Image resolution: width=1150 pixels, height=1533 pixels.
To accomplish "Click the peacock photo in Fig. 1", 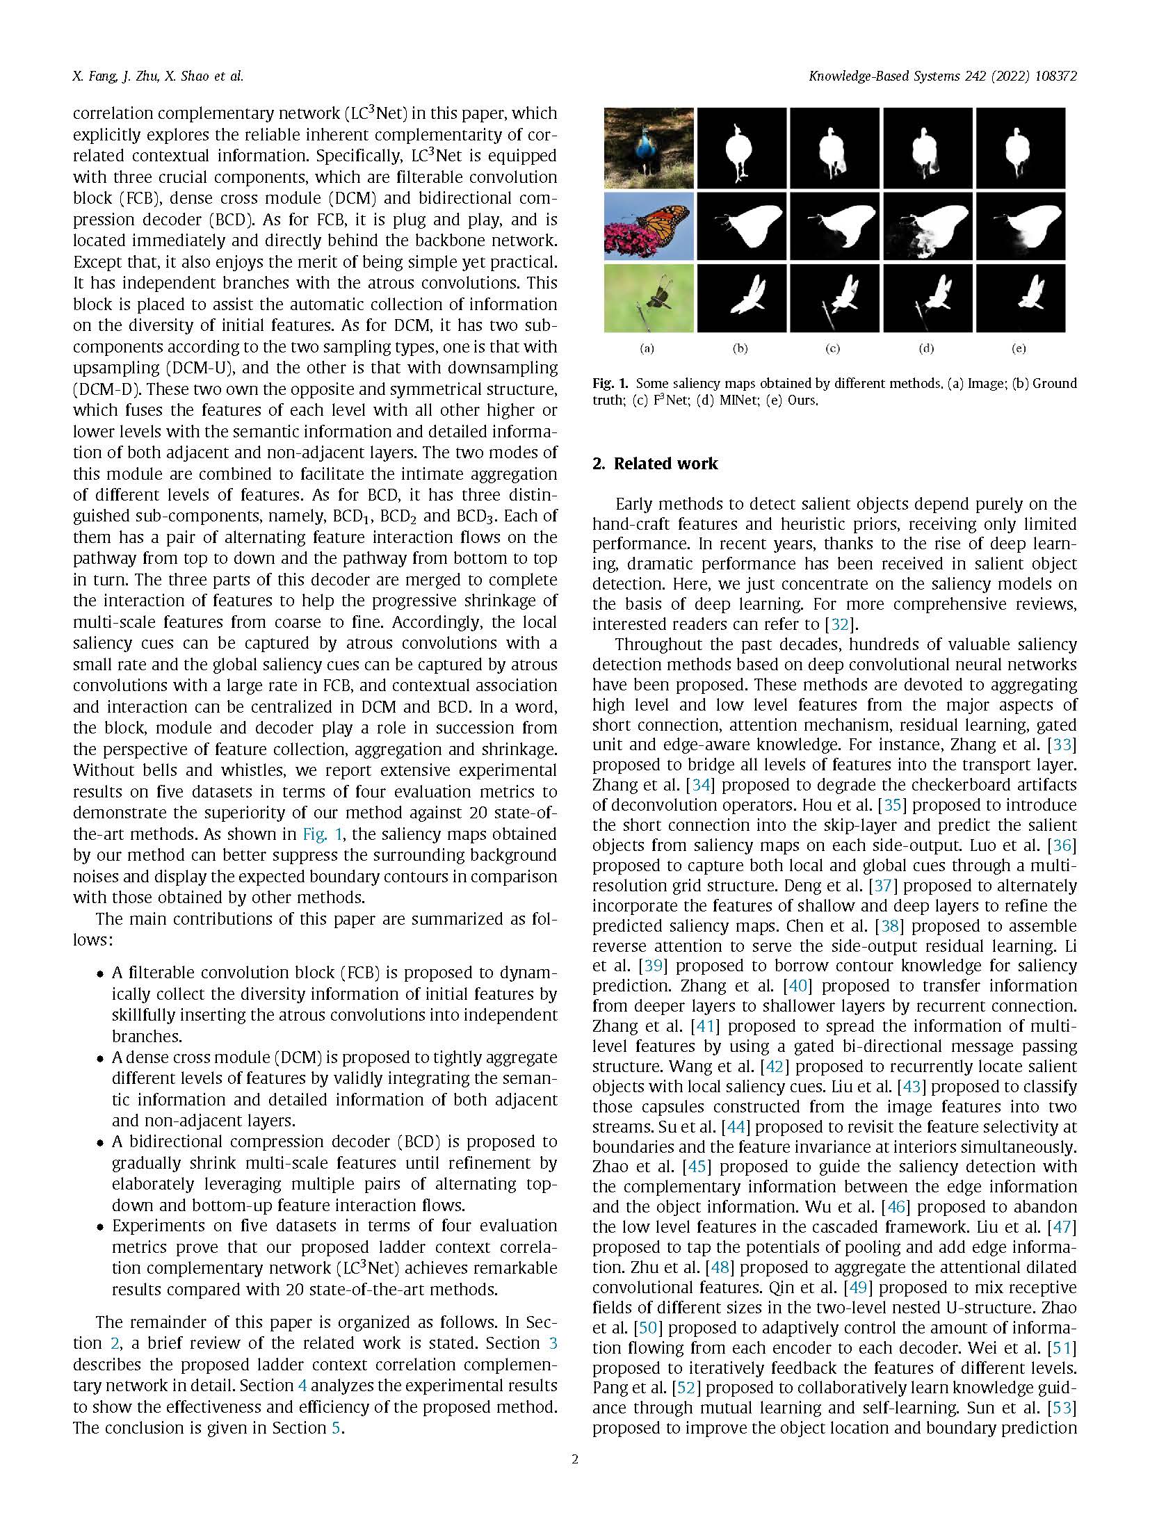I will click(x=648, y=147).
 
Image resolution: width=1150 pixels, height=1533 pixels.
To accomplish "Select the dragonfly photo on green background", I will click(x=648, y=298).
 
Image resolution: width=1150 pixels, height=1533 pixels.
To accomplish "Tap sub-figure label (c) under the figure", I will click(x=832, y=348).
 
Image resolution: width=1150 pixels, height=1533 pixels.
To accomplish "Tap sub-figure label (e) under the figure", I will click(x=1019, y=348).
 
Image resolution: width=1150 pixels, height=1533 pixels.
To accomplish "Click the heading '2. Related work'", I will click(x=654, y=464).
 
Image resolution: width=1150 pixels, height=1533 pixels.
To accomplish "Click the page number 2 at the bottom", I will click(x=574, y=1478).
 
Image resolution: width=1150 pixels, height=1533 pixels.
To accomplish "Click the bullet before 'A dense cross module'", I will click(x=100, y=1059).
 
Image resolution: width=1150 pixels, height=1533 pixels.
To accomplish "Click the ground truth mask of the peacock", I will click(x=741, y=147).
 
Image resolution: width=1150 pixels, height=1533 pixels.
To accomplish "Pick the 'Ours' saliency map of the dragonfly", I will click(x=1020, y=298).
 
